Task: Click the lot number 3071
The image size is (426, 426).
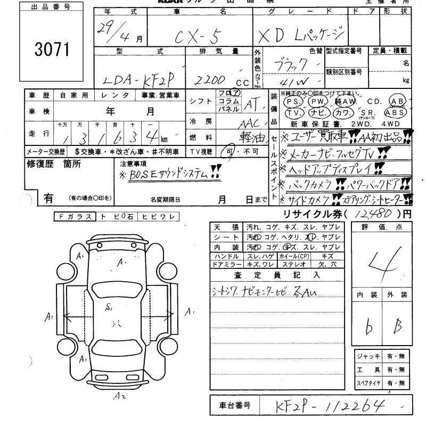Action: (x=52, y=50)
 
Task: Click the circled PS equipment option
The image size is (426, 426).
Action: (x=292, y=101)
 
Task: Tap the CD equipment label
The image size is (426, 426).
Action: (x=374, y=101)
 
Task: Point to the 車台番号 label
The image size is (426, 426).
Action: (x=235, y=406)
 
